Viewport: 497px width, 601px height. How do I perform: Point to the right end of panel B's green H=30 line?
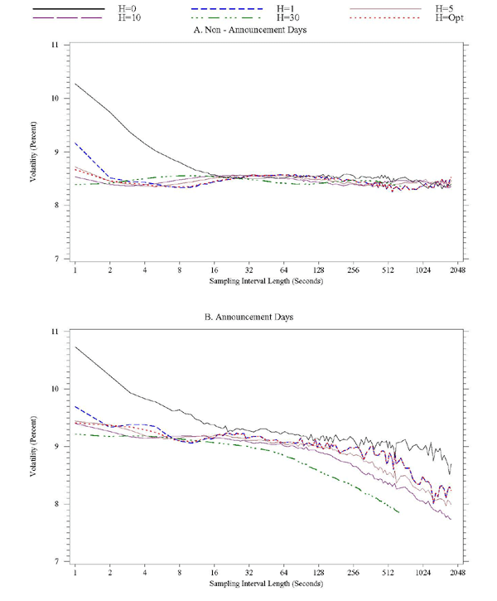pyautogui.click(x=399, y=512)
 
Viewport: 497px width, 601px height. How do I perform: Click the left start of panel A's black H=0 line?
pyautogui.click(x=75, y=83)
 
